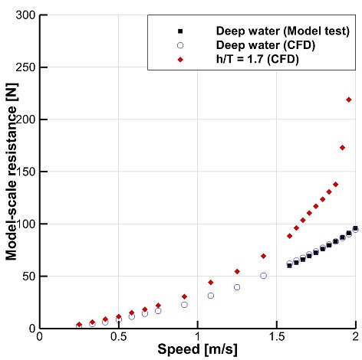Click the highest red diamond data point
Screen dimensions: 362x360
tap(349, 100)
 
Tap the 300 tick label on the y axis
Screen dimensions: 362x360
tap(25, 15)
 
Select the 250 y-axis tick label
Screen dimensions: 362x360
tap(25, 67)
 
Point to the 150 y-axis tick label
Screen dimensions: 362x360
tap(25, 172)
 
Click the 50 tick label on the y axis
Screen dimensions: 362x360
tap(28, 277)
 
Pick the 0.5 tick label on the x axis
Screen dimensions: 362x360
tap(118, 337)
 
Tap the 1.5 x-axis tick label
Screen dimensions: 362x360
tap(277, 337)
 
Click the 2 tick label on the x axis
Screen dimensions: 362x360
tap(355, 337)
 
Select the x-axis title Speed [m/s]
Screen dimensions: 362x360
tap(197, 349)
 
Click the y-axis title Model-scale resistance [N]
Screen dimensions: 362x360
tap(12, 172)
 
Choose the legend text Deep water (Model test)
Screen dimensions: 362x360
tap(283, 31)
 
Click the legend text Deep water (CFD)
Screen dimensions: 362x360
tap(265, 45)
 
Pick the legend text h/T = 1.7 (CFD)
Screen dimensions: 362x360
tap(258, 59)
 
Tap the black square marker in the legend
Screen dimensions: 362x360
tap(180, 31)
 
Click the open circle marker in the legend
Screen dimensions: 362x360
tap(180, 45)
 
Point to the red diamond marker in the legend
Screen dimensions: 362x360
tap(180, 60)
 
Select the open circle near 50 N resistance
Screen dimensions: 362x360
tap(263, 276)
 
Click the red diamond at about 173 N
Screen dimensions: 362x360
tap(342, 148)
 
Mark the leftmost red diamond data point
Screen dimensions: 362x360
tap(79, 324)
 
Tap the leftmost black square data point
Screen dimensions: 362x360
tap(289, 266)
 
